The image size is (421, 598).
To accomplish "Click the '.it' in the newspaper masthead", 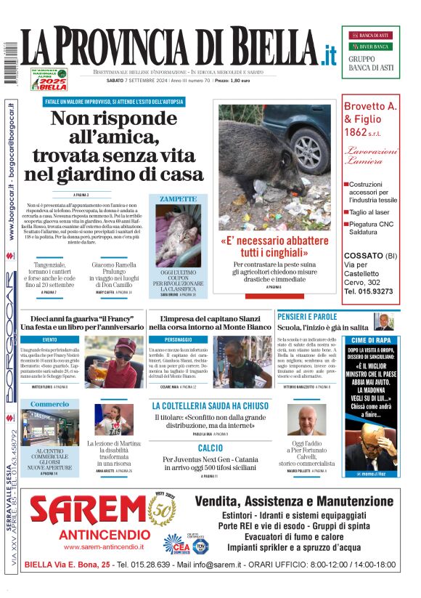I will (330, 56).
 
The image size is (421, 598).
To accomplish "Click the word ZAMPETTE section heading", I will (178, 198).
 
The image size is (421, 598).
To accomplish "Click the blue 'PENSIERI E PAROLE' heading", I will (307, 317).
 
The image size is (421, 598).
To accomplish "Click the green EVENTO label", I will (50, 339).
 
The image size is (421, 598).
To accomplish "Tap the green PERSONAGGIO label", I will (179, 339).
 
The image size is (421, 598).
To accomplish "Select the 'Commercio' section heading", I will (50, 404).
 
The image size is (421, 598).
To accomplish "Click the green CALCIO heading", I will (210, 448).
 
